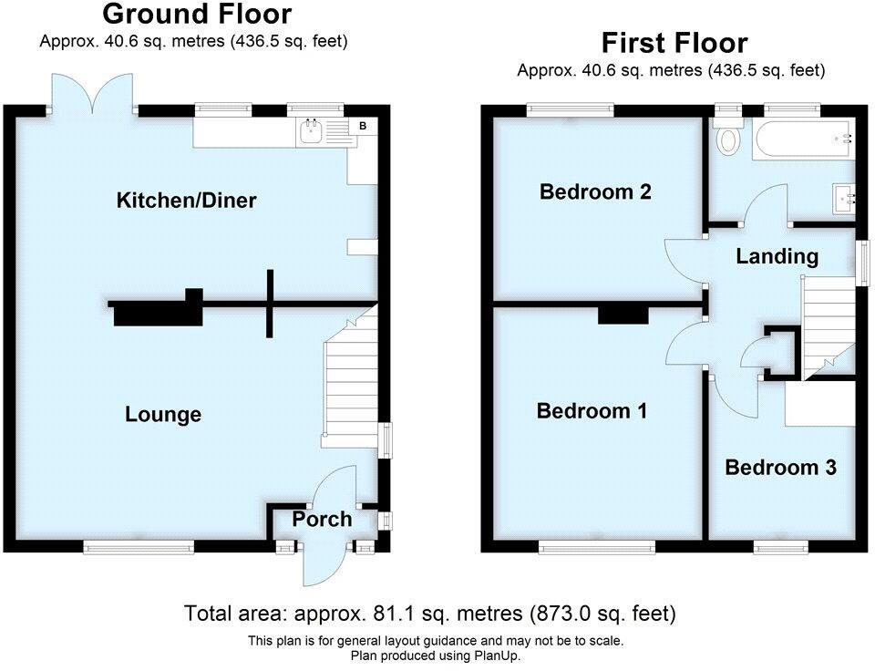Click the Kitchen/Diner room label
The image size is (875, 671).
(x=186, y=200)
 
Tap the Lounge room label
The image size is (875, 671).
(x=163, y=415)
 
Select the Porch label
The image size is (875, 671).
(x=322, y=520)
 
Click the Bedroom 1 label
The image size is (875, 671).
(x=592, y=411)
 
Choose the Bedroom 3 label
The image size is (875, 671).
(x=780, y=468)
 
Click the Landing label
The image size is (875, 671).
(x=777, y=257)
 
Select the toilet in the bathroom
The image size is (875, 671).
(x=728, y=138)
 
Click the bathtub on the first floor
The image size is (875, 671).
(x=802, y=139)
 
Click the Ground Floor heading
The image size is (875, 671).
(x=197, y=15)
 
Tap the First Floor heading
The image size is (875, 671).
(x=674, y=43)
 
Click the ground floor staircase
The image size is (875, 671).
(x=350, y=383)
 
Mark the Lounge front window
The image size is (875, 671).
(x=139, y=546)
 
